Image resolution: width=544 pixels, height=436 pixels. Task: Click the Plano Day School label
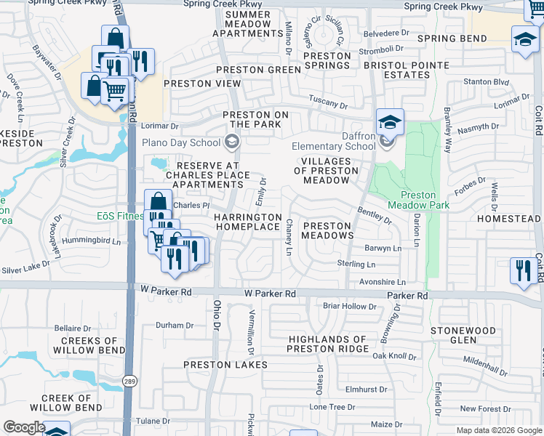180,142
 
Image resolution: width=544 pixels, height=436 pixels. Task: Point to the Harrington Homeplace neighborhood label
247,222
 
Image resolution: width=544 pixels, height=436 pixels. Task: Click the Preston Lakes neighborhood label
225,365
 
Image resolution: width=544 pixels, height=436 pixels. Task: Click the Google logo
24,427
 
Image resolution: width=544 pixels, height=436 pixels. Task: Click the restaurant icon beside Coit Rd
523,270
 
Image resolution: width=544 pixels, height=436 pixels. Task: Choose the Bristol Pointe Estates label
397,70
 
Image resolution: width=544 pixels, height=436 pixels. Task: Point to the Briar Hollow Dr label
349,306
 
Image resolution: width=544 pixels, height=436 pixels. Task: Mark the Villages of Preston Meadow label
327,171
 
